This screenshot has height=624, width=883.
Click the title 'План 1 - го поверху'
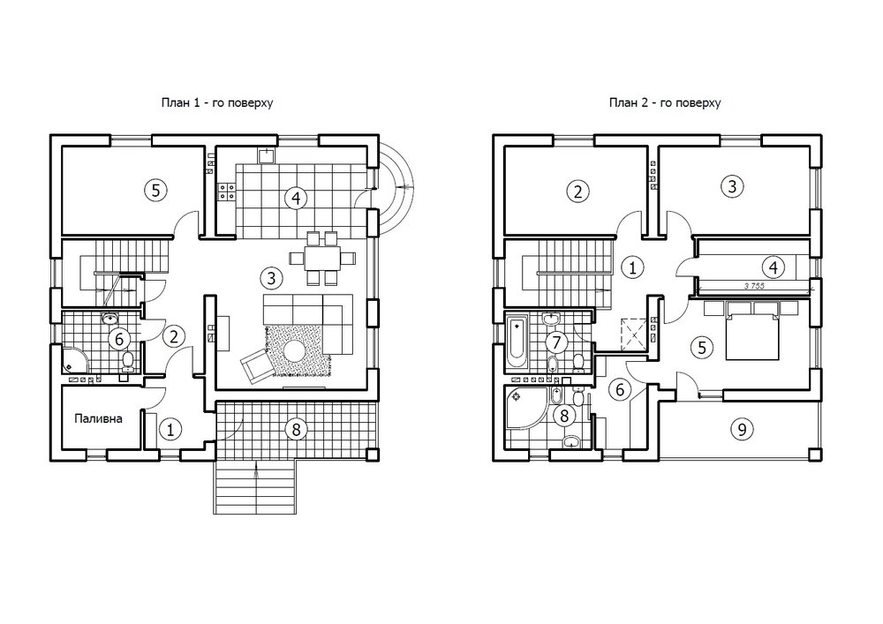tap(217, 103)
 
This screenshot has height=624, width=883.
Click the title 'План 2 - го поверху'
tap(665, 103)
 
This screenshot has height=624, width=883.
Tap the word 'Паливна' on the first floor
tap(99, 418)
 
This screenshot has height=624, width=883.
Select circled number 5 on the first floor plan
tap(155, 190)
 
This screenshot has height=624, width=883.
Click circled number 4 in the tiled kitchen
tap(296, 198)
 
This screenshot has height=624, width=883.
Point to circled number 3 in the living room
tap(271, 278)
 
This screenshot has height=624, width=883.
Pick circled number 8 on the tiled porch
tap(296, 430)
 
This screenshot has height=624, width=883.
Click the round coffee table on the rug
tap(294, 351)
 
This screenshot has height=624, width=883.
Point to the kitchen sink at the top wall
tap(266, 154)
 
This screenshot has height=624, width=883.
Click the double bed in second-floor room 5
tap(752, 330)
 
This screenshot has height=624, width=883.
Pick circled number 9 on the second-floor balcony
tap(742, 430)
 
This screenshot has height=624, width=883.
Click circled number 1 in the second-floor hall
tap(632, 267)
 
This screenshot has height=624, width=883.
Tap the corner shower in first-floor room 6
tap(75, 359)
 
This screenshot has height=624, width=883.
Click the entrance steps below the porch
tap(255, 488)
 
